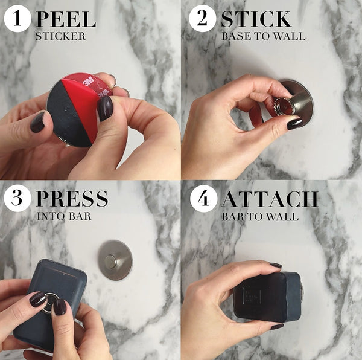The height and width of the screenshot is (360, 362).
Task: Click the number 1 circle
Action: pos(17,18)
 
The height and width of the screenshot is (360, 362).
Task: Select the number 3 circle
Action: pos(17,198)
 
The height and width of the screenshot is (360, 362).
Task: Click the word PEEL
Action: pos(66,19)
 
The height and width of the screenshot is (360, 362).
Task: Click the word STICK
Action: pos(256,19)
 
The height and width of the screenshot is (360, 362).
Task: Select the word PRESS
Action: pos(72,198)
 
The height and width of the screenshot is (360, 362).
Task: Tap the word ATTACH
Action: pos(270,198)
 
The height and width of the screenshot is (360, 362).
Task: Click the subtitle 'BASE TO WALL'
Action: pos(263,36)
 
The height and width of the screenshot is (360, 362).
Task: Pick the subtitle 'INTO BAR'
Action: pos(64,216)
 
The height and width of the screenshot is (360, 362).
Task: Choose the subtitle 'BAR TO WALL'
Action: pos(260,216)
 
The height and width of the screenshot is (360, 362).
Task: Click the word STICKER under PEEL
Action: pos(60,36)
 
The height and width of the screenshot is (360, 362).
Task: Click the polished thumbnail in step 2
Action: pos(295,124)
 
